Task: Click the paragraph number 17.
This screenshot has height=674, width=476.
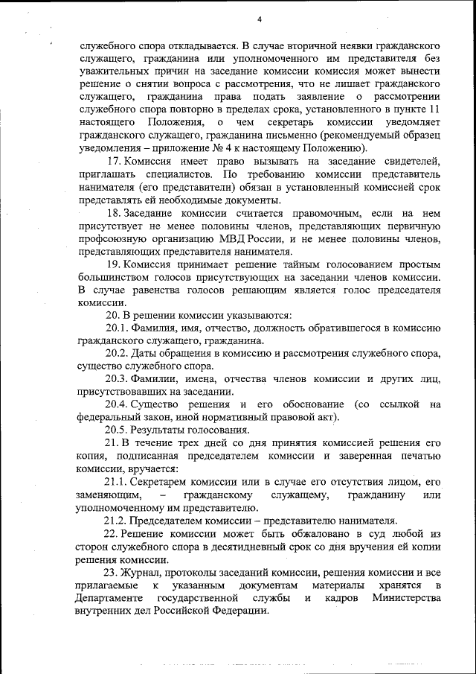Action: tap(114, 162)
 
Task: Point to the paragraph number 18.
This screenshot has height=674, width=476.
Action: tap(114, 214)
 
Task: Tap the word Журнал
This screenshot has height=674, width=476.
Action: tap(147, 573)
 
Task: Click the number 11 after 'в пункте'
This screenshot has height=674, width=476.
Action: tap(434, 109)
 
